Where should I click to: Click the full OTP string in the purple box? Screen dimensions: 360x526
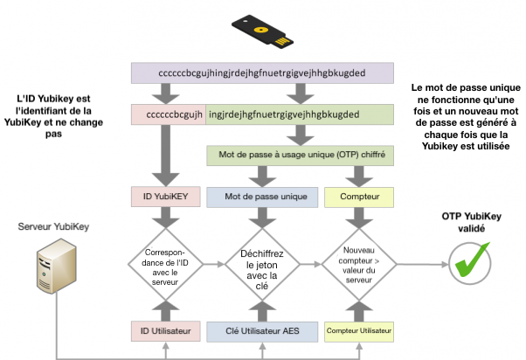(x=261, y=73)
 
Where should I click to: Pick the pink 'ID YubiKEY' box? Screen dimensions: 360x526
(x=163, y=197)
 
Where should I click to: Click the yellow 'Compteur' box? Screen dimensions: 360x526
(x=358, y=197)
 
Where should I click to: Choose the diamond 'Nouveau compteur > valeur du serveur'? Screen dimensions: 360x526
(x=358, y=260)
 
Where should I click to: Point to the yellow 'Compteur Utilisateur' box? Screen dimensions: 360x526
(x=358, y=330)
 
